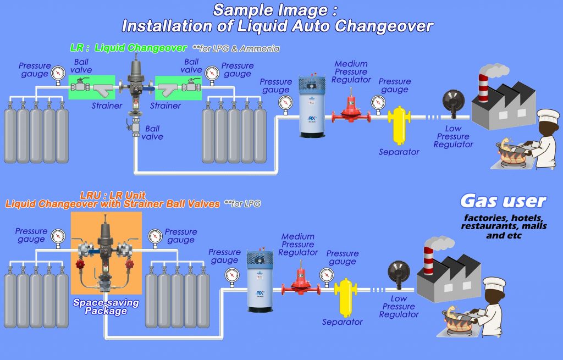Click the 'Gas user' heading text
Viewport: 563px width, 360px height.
[503, 202]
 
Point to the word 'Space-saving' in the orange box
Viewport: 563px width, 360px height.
[106, 303]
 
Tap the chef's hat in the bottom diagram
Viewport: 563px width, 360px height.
[494, 284]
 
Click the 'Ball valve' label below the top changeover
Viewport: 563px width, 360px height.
[152, 132]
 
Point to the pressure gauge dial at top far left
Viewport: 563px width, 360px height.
[58, 73]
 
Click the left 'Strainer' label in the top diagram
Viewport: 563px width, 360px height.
[107, 106]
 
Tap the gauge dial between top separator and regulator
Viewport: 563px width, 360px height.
[378, 102]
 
